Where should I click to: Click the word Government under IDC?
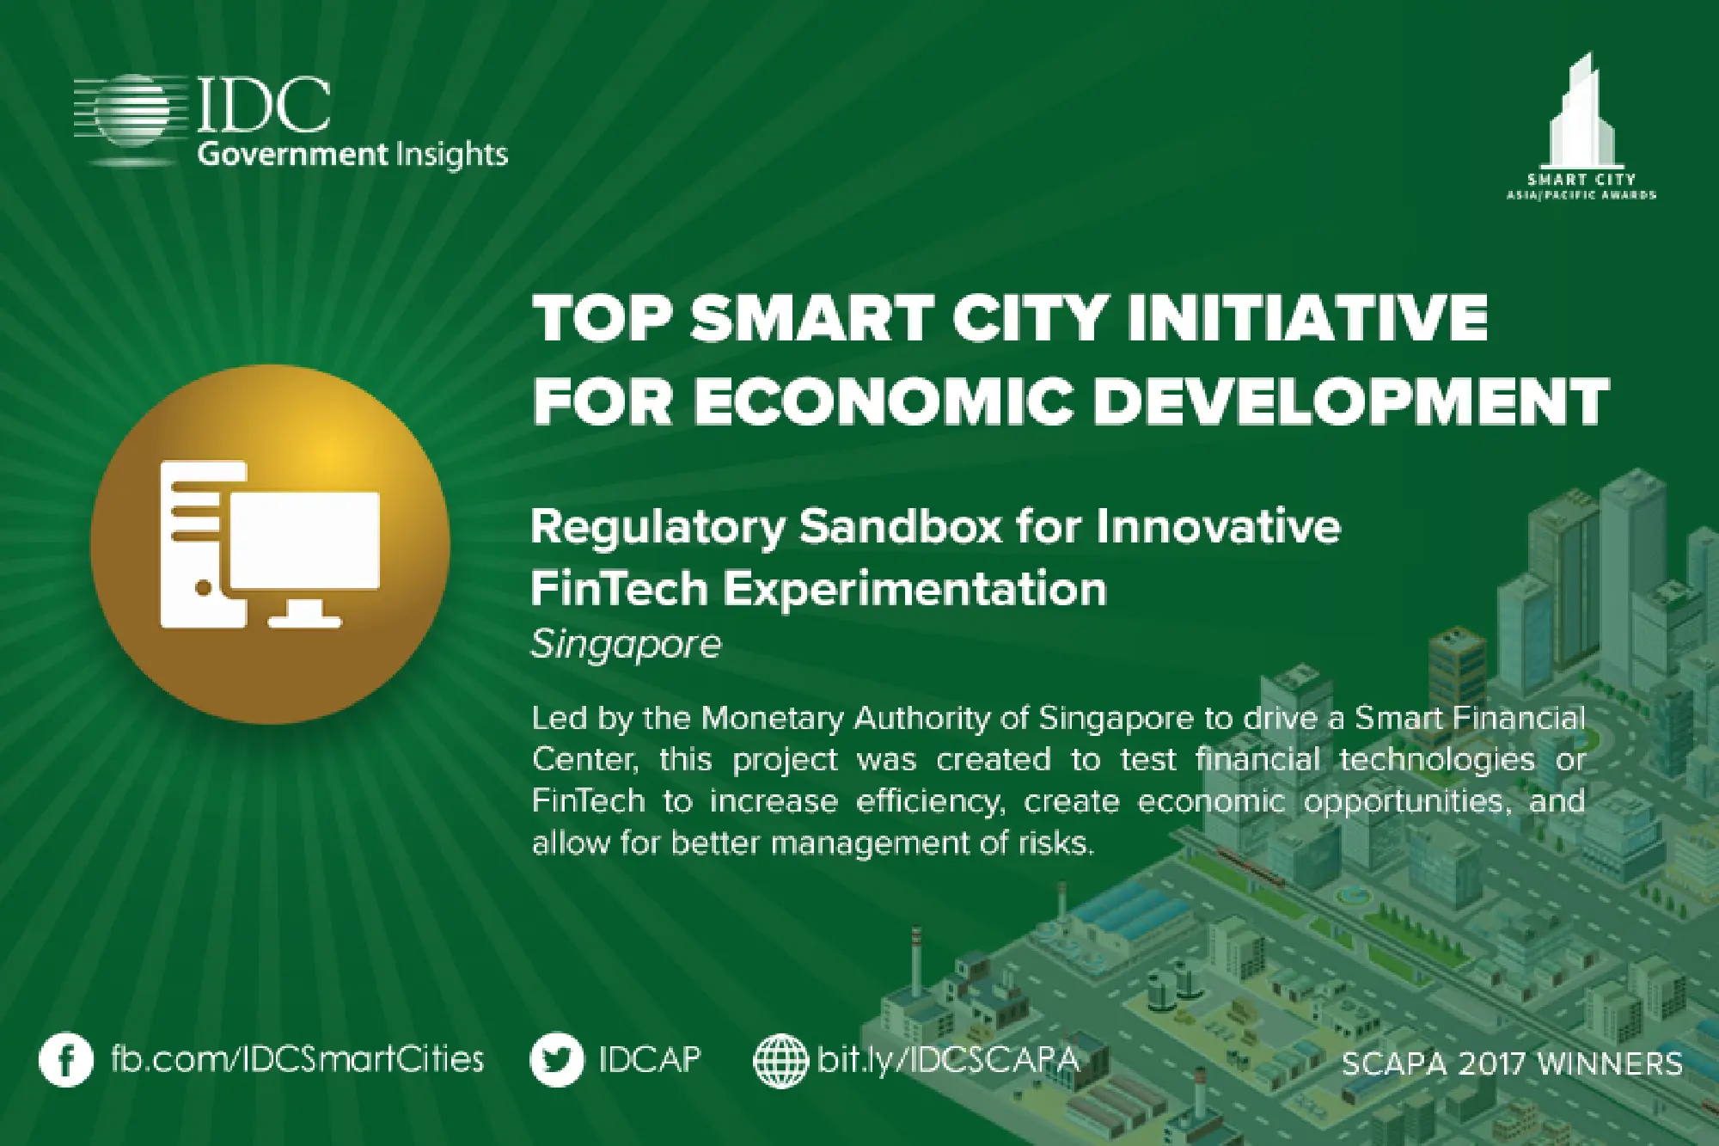292,155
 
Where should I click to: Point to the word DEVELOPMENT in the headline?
1349,401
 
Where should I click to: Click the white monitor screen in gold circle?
305,541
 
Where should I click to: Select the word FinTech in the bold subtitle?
619,590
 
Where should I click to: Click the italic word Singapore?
626,644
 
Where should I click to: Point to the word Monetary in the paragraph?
773,718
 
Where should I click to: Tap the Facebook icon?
65,1060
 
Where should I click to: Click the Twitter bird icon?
557,1060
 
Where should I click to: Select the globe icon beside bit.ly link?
780,1061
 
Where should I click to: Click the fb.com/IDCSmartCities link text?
297,1059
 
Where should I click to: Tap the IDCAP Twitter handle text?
650,1059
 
